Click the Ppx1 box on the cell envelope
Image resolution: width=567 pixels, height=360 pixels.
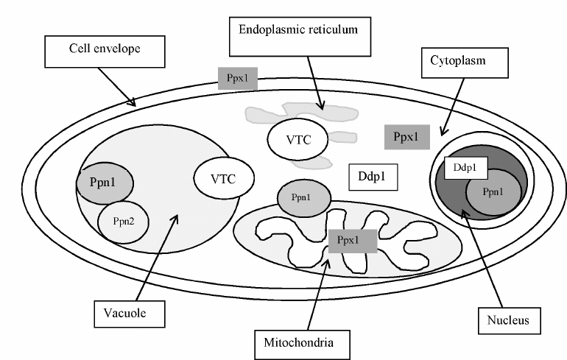(237, 78)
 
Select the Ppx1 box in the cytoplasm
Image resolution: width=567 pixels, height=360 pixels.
(406, 137)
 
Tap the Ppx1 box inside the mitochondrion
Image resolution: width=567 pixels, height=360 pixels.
(352, 240)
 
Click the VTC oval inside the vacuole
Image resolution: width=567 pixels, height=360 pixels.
(224, 177)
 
